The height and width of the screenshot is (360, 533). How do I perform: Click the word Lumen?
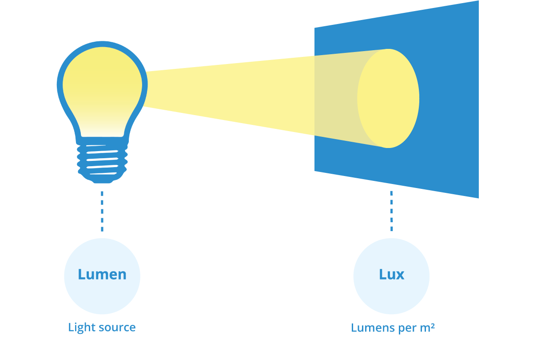click(x=102, y=274)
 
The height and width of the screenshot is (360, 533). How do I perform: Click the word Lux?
click(x=391, y=274)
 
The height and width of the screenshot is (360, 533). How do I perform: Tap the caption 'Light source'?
click(x=102, y=328)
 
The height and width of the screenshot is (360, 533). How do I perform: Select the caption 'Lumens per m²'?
click(x=393, y=328)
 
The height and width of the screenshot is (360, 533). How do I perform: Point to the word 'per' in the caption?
click(x=405, y=328)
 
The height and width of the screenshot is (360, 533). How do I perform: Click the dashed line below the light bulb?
click(x=102, y=211)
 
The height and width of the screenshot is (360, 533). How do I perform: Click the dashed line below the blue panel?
click(x=391, y=211)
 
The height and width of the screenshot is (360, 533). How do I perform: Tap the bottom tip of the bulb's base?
click(x=102, y=182)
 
